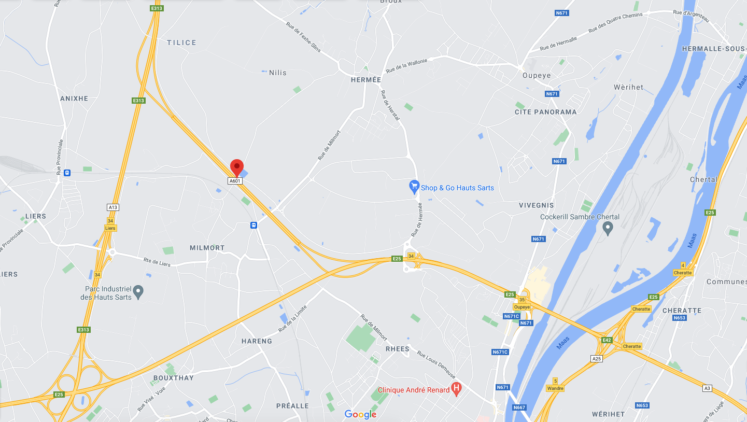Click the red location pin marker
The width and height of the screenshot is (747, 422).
237,167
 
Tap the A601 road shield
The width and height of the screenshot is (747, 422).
235,181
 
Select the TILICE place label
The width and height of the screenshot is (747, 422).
181,43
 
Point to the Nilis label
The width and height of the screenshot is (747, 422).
278,73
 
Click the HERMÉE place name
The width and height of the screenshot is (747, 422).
366,80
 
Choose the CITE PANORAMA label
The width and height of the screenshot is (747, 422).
545,112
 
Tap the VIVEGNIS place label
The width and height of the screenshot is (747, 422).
537,205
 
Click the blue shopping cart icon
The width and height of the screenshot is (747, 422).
414,186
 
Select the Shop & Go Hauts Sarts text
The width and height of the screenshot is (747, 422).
457,188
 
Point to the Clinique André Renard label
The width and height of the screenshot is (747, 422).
413,390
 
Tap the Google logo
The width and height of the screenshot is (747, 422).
360,414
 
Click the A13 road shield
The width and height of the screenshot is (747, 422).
113,207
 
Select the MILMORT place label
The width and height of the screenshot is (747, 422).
207,248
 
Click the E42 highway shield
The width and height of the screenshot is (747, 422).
607,340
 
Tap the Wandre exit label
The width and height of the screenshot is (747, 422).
555,388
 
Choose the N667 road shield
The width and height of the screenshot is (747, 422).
519,407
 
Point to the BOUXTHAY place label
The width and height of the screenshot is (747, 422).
173,378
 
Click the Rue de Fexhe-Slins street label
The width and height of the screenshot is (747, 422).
304,37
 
